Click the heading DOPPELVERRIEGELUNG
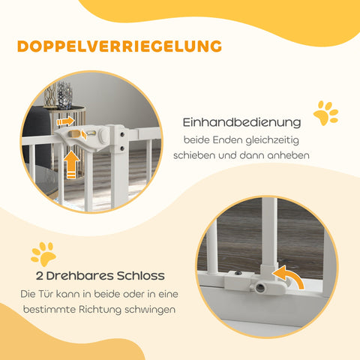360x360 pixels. pos(119,46)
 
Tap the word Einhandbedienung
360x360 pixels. pos(241,122)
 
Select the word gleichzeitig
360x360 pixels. pos(272,140)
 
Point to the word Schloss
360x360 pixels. pos(141,276)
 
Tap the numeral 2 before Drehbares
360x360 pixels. pos(40,276)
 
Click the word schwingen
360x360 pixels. pos(150,310)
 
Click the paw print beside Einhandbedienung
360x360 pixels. pos(325,112)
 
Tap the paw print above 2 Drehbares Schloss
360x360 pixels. pos(43,253)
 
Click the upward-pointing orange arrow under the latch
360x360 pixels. pos(71,164)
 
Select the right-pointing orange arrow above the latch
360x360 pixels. pos(65,121)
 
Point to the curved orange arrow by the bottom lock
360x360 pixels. pos(290,276)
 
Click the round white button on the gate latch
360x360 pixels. pos(103,135)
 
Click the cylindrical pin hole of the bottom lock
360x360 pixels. pos(260,287)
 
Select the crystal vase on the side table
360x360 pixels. pos(64,95)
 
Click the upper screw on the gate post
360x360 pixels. pos(122,134)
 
